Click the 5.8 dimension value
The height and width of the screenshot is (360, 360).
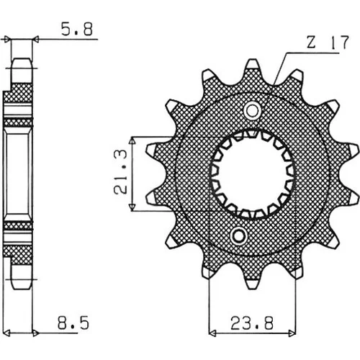tap(77, 30)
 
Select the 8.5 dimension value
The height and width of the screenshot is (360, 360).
tap(73, 323)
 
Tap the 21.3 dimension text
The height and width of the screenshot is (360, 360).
tap(120, 172)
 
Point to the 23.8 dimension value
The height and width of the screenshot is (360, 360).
tap(252, 323)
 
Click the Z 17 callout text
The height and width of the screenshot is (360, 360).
tap(328, 42)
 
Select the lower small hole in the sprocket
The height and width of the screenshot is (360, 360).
tap(238, 236)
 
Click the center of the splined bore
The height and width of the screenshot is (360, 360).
tap(252, 174)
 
